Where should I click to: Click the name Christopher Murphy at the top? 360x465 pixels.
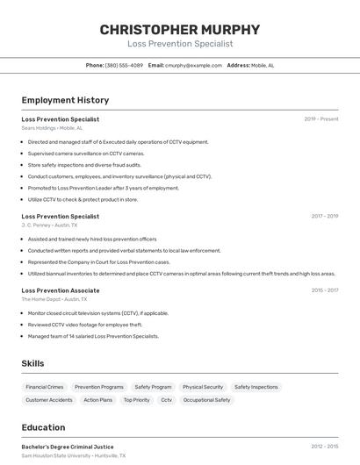click(180, 30)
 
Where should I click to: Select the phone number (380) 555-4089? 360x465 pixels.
click(124, 65)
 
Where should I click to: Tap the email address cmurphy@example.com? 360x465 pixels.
click(193, 65)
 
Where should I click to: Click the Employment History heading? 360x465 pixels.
click(65, 100)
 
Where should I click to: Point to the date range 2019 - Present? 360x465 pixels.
click(320, 119)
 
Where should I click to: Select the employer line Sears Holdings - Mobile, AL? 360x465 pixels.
click(53, 128)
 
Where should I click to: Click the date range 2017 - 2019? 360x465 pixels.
click(324, 216)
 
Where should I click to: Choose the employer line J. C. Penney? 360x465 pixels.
click(49, 225)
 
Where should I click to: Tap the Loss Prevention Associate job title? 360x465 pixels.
click(61, 290)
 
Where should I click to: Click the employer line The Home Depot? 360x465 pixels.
click(52, 298)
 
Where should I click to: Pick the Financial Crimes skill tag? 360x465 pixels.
click(45, 387)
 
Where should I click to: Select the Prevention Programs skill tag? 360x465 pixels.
click(99, 387)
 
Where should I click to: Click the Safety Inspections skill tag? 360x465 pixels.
click(256, 387)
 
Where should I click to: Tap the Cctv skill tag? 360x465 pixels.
click(166, 400)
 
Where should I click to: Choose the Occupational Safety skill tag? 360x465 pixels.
click(206, 400)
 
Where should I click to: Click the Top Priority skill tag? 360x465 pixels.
click(136, 400)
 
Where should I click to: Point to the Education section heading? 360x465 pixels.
click(43, 427)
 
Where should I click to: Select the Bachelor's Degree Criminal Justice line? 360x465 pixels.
click(68, 447)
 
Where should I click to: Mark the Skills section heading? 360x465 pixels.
click(32, 363)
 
